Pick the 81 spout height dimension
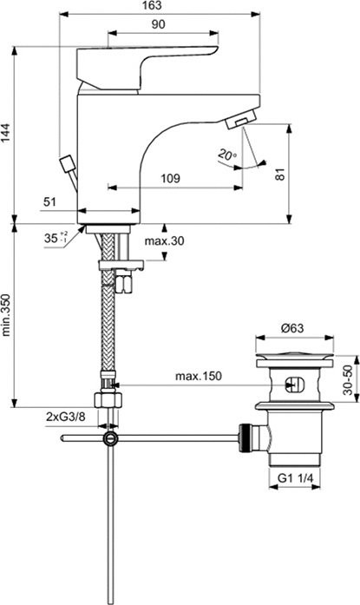279,174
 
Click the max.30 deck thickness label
166,240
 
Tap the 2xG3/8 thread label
65,417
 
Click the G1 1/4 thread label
297,477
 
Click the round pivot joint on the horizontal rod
108,439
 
